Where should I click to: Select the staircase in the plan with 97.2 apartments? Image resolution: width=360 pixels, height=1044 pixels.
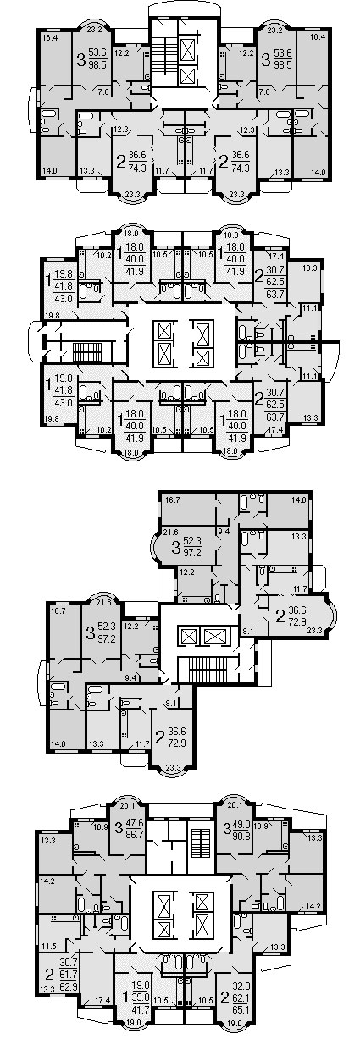tap(209, 669)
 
